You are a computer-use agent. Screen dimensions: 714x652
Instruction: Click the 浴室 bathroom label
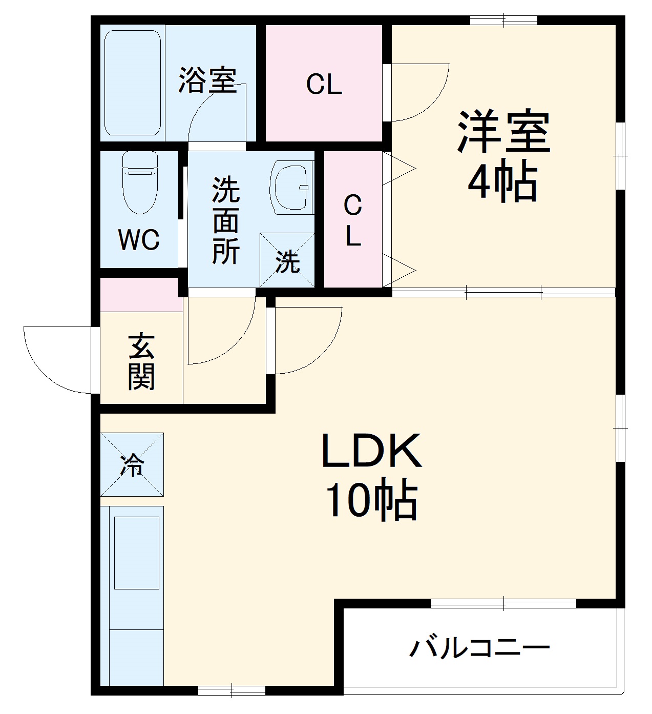[207, 80]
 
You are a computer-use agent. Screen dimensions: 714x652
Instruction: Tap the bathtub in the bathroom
[133, 82]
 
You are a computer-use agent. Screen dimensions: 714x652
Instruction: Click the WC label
[139, 239]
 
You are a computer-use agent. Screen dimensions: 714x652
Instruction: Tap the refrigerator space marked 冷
[132, 464]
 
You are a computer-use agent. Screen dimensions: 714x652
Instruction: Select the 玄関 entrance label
[141, 361]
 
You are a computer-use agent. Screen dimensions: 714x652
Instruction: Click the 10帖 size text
[371, 500]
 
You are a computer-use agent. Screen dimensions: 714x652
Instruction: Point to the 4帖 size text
[502, 182]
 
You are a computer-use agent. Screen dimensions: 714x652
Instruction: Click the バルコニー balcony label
[479, 648]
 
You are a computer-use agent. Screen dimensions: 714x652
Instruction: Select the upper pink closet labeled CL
[324, 84]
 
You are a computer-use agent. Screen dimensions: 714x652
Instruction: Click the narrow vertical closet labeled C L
[353, 220]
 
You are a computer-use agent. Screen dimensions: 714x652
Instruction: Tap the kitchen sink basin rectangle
[137, 553]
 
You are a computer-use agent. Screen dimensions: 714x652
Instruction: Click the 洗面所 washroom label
[226, 220]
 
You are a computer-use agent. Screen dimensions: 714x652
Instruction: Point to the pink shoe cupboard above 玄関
[141, 295]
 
